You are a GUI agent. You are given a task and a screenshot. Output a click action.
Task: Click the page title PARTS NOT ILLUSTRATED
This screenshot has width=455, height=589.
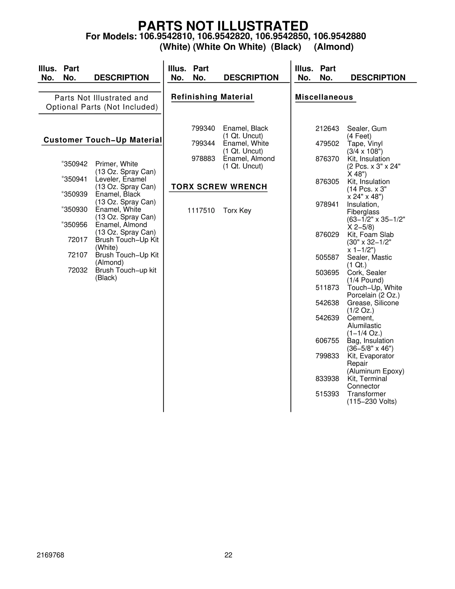(x=223, y=26)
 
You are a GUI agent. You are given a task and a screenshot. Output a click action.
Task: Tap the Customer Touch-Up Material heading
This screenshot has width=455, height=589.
(x=103, y=140)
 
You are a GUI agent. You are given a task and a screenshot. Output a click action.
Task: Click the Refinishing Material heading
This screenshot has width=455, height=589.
(x=212, y=97)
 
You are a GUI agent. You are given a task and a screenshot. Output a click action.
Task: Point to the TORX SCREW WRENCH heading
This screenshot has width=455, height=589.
(x=219, y=187)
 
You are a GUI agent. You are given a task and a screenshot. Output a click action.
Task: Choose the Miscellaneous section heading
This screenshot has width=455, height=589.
(x=324, y=97)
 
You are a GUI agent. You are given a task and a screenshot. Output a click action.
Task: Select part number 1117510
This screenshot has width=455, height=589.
(x=201, y=211)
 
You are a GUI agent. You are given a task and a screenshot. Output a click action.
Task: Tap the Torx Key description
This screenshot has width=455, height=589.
(x=237, y=211)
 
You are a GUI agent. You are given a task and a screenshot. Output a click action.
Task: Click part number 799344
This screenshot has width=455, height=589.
(x=203, y=143)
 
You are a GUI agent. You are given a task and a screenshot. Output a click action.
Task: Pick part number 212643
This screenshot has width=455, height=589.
(x=327, y=129)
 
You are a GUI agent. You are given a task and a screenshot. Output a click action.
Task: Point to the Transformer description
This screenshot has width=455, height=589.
(x=366, y=394)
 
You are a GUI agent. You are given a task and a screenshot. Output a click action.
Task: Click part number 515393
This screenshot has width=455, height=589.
(x=327, y=394)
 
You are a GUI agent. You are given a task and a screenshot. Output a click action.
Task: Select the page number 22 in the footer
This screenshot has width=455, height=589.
(x=228, y=555)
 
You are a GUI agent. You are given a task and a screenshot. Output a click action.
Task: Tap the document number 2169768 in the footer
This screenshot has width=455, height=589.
(x=50, y=555)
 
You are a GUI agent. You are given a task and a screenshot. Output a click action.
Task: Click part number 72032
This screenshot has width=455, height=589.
(x=78, y=270)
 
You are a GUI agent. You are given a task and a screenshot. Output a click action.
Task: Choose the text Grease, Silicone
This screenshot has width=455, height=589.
(x=373, y=303)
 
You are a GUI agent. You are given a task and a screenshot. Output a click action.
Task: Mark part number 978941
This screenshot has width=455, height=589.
(x=327, y=204)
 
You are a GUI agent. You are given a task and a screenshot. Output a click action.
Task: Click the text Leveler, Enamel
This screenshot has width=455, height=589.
(x=121, y=179)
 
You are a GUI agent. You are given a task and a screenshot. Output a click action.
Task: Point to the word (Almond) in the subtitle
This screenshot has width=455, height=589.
(x=334, y=47)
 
